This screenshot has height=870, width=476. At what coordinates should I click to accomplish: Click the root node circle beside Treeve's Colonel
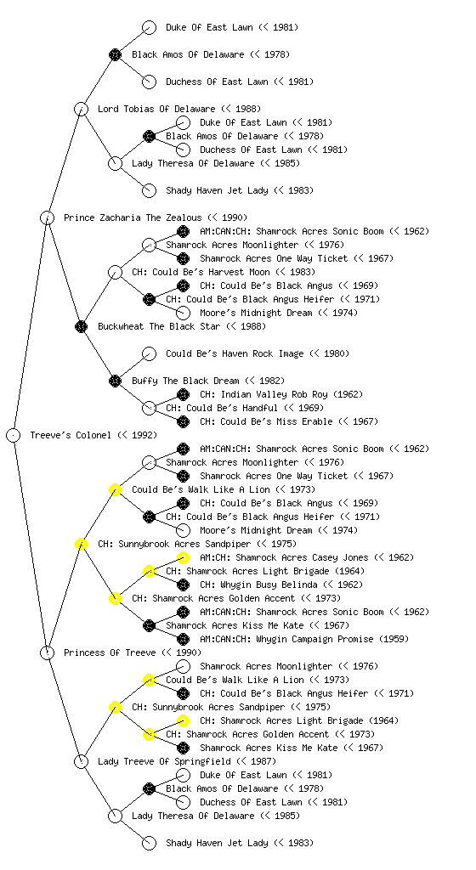pos(14,435)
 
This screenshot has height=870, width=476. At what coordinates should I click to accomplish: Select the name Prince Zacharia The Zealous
pos(133,217)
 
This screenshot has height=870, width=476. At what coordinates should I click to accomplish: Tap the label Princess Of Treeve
pos(110,652)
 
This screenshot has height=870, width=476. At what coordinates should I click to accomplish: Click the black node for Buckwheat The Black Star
pos(81,326)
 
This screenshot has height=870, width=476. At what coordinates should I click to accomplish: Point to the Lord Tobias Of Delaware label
pos(156,109)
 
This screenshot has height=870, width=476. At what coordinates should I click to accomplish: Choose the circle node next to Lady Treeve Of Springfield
pos(81,761)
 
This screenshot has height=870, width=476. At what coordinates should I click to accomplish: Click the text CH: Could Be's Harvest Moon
pos(201,272)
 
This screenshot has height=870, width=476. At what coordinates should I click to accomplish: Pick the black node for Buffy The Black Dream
pos(115,381)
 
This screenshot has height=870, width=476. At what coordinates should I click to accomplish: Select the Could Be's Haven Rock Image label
pos(235,353)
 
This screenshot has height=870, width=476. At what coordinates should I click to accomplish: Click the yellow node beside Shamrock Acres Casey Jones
pos(183,557)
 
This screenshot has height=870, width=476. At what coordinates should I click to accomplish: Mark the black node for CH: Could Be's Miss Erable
pos(183,421)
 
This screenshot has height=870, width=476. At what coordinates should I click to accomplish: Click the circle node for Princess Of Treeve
pos(47,652)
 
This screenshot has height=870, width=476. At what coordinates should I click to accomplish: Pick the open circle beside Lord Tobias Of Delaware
pos(81,109)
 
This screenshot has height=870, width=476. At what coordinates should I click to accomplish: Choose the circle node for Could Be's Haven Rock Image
pos(149,353)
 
